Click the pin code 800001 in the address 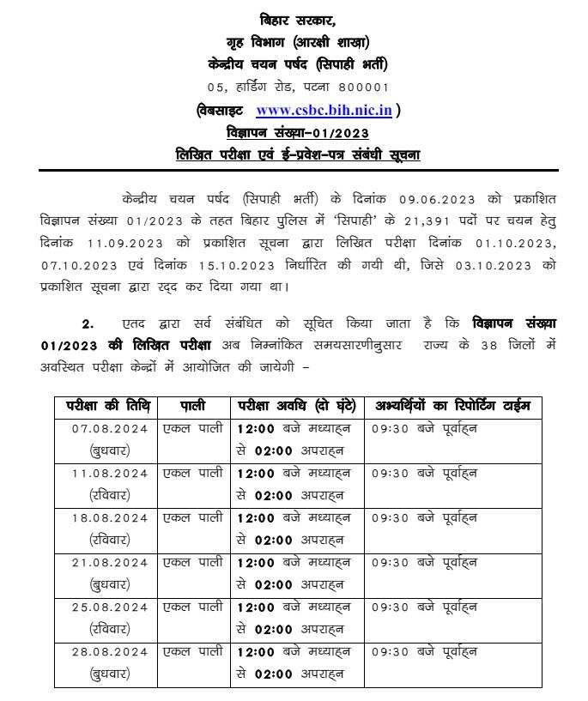(x=361, y=87)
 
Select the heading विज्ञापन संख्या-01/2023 (x=297, y=132)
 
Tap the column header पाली (x=192, y=405)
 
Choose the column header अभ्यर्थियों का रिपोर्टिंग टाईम (x=451, y=405)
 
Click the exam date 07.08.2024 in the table (x=109, y=428)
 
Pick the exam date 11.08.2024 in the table (x=109, y=473)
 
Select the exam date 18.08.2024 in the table (x=109, y=517)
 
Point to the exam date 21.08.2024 (x=109, y=562)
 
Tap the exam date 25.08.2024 (x=109, y=607)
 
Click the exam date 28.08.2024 (x=109, y=651)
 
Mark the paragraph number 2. (x=86, y=324)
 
